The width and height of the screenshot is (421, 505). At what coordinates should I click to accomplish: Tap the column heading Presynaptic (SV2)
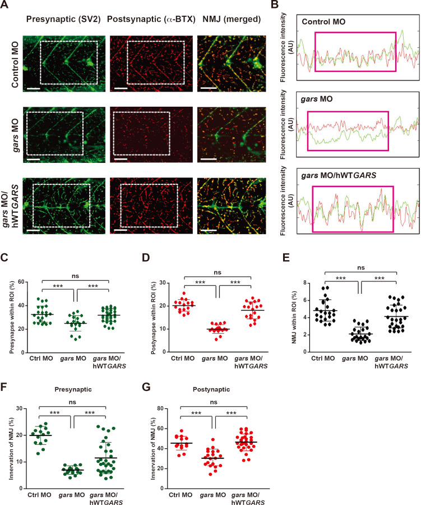coord(59,20)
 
